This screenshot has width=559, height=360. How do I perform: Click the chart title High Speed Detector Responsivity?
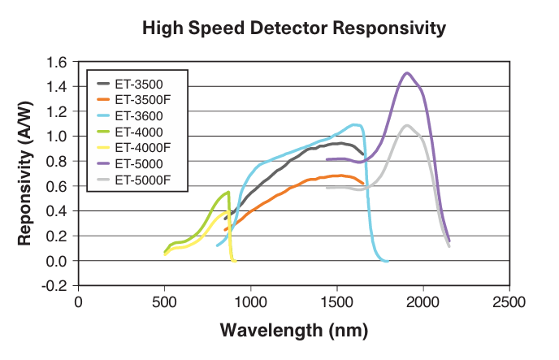pyautogui.click(x=294, y=28)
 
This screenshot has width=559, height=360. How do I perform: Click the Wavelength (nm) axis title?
pyautogui.click(x=293, y=332)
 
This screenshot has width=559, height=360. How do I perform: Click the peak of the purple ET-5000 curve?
pyautogui.click(x=407, y=73)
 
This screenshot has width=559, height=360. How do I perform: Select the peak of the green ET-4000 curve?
pyautogui.click(x=228, y=193)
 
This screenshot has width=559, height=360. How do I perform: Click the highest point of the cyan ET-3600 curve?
pyautogui.click(x=355, y=124)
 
